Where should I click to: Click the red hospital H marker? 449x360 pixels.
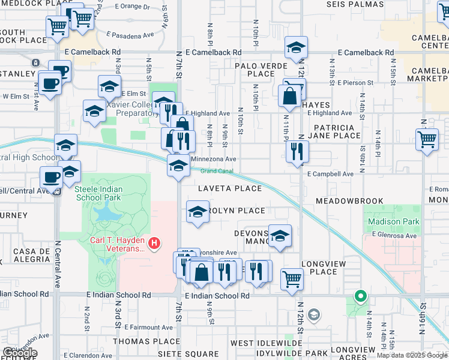(x=155, y=242)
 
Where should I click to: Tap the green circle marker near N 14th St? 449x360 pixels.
(x=360, y=296)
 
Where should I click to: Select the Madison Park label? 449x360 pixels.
(x=393, y=221)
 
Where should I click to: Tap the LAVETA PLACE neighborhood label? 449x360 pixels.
(x=230, y=188)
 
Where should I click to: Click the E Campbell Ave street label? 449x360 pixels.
(x=330, y=174)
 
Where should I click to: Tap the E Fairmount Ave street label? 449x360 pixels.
(x=149, y=328)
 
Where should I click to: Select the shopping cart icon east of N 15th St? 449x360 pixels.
(x=427, y=140)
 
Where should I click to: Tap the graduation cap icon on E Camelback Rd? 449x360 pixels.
(x=295, y=49)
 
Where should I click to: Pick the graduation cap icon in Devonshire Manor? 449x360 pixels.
(x=279, y=236)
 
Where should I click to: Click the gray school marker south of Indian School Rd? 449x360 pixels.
(x=313, y=314)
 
